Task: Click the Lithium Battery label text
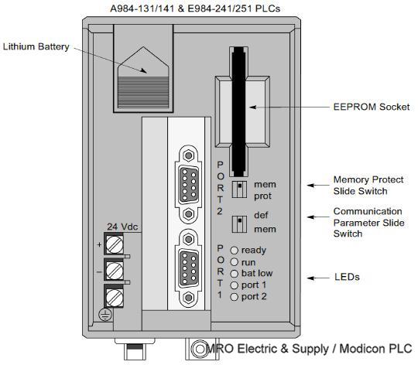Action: pyautogui.click(x=36, y=47)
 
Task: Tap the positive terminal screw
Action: pyautogui.click(x=114, y=247)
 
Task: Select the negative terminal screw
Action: pyautogui.click(x=114, y=271)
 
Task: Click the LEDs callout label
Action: pyautogui.click(x=347, y=277)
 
